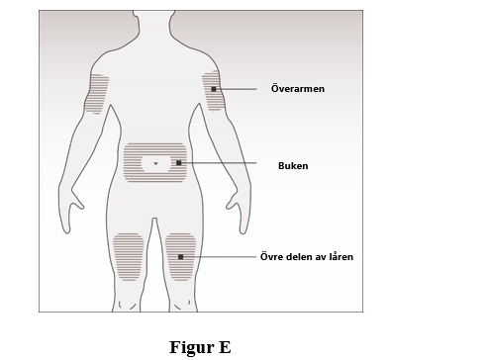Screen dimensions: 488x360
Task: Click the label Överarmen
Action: (298, 88)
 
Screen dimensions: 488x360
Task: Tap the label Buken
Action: (293, 165)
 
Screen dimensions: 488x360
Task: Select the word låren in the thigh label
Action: (341, 256)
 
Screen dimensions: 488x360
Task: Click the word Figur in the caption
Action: (192, 347)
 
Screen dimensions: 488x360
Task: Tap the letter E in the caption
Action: (225, 347)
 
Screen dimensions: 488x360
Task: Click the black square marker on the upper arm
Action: (214, 89)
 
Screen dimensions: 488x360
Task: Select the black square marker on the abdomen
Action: (179, 163)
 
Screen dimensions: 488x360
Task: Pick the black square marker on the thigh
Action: (180, 257)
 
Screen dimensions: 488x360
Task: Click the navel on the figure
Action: (155, 163)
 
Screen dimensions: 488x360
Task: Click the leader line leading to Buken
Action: (219, 163)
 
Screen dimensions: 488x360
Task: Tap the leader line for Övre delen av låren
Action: (220, 257)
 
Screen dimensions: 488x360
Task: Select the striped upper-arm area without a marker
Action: (96, 94)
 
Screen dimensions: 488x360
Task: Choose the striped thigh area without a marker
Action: (128, 257)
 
